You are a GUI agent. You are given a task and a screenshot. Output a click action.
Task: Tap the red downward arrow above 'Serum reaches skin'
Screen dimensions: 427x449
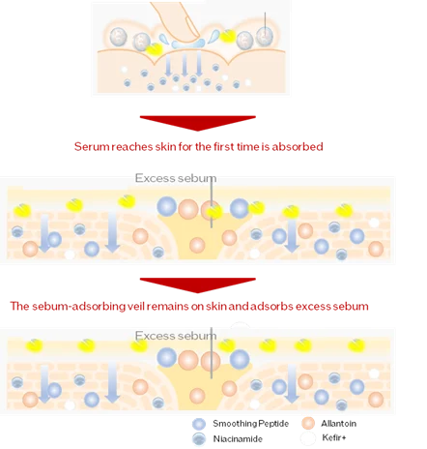[198, 123]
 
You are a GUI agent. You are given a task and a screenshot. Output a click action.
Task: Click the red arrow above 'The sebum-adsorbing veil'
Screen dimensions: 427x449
[198, 284]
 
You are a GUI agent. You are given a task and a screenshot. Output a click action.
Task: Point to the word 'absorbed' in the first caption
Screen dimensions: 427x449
[298, 147]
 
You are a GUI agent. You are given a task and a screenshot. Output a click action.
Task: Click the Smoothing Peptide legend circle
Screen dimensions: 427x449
[199, 424]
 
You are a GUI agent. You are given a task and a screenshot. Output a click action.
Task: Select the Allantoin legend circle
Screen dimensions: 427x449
[308, 423]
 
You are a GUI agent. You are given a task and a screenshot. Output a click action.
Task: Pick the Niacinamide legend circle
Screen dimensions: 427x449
[199, 439]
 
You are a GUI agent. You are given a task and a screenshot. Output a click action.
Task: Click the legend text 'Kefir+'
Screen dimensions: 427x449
[334, 437]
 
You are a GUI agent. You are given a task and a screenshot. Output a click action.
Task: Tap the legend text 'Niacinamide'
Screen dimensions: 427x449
[238, 439]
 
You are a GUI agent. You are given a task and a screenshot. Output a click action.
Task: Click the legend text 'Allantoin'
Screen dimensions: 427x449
[338, 424]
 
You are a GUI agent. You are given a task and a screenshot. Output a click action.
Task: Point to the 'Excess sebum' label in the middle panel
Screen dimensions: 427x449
[176, 178]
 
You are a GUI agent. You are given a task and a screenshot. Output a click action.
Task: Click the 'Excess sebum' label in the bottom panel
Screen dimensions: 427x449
[176, 336]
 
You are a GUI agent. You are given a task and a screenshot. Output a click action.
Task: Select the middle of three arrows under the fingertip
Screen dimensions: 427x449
[185, 65]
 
